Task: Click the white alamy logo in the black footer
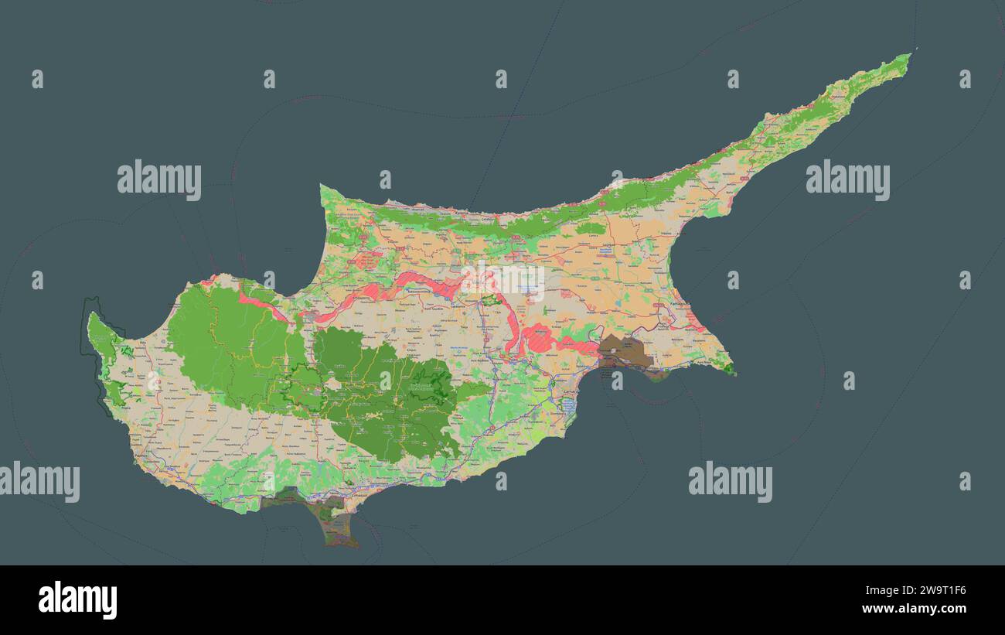click(x=77, y=600)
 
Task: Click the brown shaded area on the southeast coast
click(x=625, y=350)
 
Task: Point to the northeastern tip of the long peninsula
click(x=911, y=53)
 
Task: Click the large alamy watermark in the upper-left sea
click(x=159, y=180)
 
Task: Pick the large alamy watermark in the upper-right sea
click(x=847, y=180)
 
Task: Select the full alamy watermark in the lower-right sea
click(x=730, y=482)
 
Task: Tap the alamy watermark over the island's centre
click(x=502, y=280)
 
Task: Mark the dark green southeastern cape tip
click(x=728, y=369)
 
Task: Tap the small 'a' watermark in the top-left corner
click(x=37, y=79)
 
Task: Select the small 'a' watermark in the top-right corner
click(x=965, y=79)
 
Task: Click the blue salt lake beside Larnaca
click(x=569, y=406)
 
